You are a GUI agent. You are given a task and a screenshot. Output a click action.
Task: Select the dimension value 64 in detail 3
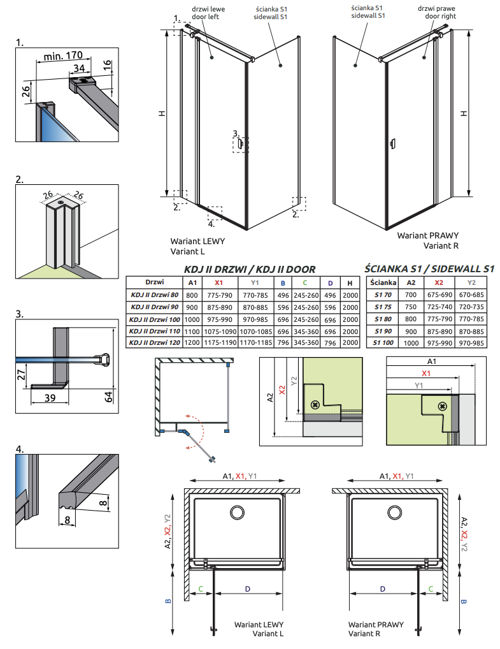[108, 397]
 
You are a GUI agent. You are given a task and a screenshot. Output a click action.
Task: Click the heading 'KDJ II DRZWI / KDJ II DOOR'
[250, 270]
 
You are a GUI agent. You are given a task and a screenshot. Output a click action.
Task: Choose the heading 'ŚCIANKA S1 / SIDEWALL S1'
[429, 270]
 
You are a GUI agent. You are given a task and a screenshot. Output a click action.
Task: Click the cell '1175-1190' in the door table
[219, 342]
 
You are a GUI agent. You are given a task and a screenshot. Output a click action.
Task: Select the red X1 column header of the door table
[219, 282]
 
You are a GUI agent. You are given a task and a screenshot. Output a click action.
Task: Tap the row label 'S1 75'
[383, 307]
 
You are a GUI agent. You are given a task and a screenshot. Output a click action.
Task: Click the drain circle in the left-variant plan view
[238, 513]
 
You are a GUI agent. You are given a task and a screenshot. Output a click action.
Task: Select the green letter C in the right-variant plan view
[431, 589]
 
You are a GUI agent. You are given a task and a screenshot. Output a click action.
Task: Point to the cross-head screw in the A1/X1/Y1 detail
[441, 406]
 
